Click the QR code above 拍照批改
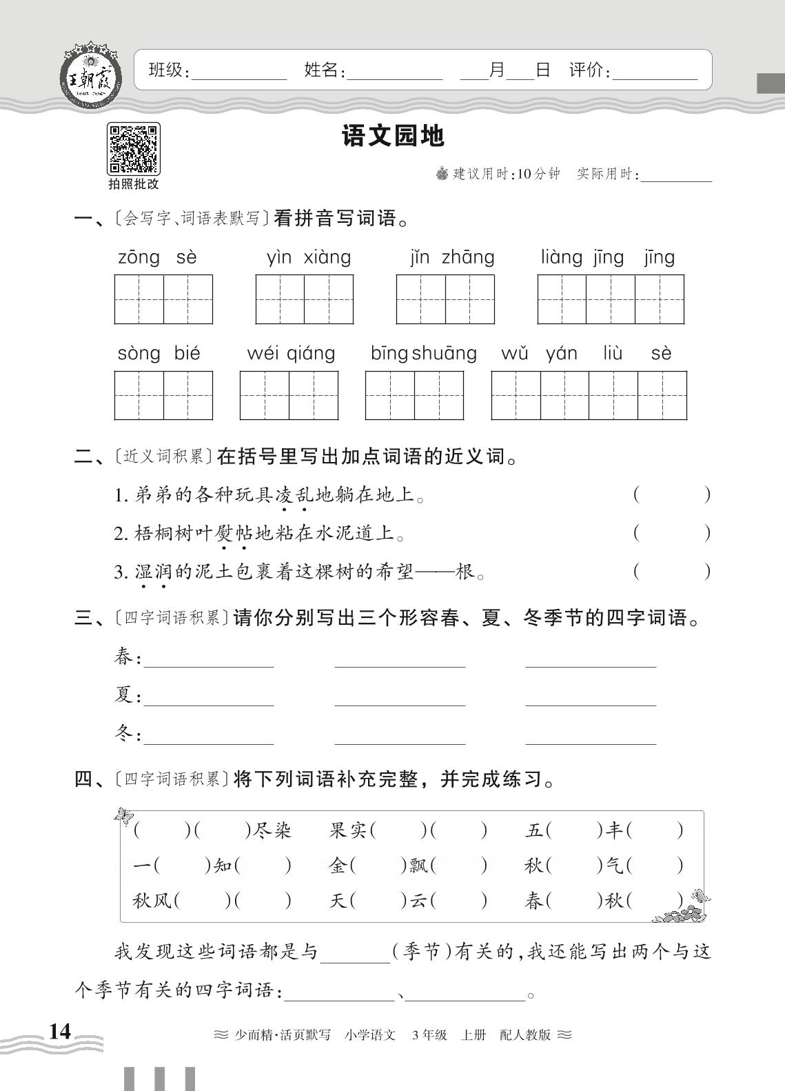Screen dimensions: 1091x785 tap(133, 148)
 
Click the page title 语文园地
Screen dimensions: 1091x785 tap(393, 137)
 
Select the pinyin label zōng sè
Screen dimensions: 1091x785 tap(158, 258)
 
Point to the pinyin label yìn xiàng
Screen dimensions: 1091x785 tap(308, 258)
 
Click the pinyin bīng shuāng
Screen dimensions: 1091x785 tap(423, 354)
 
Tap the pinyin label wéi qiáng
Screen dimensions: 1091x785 tap(291, 354)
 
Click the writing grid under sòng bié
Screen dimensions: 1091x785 tap(163, 395)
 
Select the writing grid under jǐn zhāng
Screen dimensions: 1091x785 tap(445, 299)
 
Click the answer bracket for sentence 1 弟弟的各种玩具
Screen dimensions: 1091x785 tap(671, 495)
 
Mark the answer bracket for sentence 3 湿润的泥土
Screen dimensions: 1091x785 tap(671, 572)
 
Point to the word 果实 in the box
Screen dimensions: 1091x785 tap(348, 830)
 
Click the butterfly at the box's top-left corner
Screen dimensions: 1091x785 tap(125, 816)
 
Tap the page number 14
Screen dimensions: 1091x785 tap(59, 1031)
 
